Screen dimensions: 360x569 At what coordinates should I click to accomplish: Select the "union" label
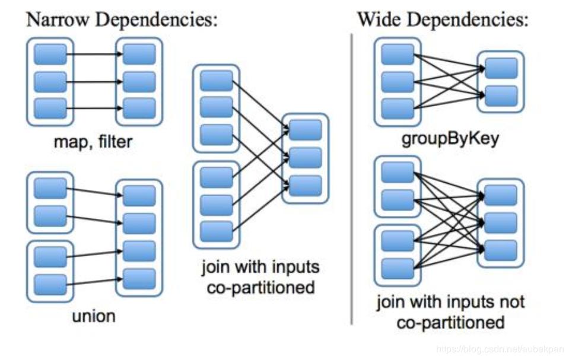coord(94,316)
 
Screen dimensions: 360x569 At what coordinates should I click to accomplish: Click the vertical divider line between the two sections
coord(352,178)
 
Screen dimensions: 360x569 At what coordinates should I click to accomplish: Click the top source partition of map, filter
coord(50,55)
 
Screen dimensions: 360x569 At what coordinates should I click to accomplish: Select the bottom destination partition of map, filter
coord(139,109)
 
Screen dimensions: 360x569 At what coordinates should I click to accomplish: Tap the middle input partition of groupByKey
coord(397,81)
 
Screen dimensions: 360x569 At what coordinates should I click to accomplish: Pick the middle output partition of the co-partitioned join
coord(306,158)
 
